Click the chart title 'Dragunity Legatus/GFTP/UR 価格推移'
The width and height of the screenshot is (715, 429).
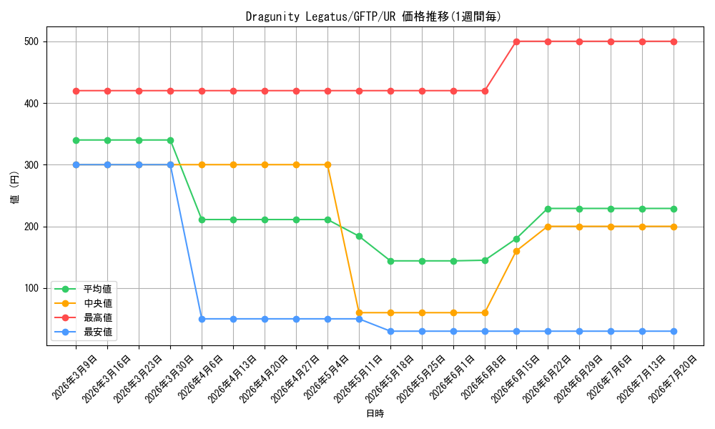(347, 17)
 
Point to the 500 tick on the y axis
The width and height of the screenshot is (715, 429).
(31, 42)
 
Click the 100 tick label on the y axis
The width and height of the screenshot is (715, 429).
(31, 289)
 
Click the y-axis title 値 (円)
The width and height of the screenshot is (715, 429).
(15, 187)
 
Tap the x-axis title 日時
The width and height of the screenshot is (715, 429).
(375, 413)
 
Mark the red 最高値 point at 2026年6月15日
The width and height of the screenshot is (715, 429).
(517, 42)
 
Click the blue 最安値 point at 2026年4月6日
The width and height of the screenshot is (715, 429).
(202, 319)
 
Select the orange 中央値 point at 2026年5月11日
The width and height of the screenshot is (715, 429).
(360, 312)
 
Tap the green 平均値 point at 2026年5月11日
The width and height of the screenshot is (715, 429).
(360, 236)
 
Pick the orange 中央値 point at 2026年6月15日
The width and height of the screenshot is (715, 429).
(517, 251)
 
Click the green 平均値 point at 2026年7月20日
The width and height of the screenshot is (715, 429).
(674, 209)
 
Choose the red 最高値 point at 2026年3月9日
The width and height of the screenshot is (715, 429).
(77, 92)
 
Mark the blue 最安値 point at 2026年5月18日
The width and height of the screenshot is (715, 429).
(391, 332)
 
